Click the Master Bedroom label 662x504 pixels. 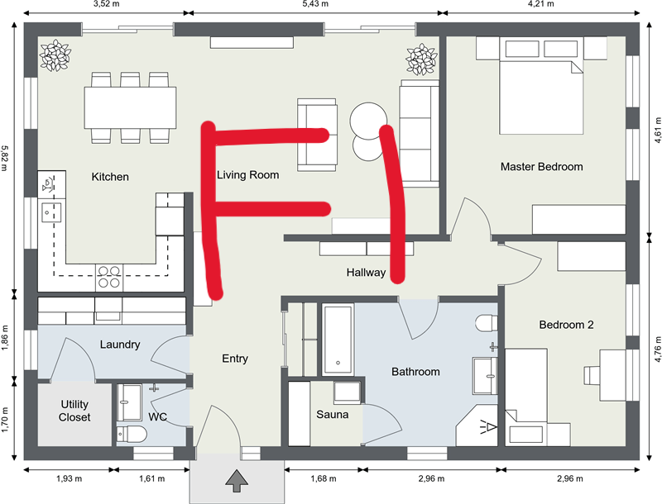click(542, 167)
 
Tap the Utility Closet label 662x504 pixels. click(74, 411)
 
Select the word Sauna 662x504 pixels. click(333, 415)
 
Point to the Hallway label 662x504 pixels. click(366, 273)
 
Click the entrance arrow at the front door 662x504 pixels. click(237, 481)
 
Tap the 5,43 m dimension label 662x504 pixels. click(315, 4)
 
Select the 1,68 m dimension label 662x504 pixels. click(324, 478)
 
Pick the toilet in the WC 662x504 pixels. click(132, 434)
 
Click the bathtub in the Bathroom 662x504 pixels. click(338, 340)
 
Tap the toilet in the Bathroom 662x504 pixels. click(487, 323)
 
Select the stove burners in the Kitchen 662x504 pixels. click(109, 278)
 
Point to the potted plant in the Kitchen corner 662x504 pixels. click(55, 55)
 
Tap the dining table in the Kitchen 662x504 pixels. click(130, 107)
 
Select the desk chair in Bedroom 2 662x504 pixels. click(592, 375)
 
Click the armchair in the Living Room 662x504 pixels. click(317, 135)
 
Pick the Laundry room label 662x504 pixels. click(120, 345)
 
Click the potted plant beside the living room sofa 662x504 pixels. click(421, 59)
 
